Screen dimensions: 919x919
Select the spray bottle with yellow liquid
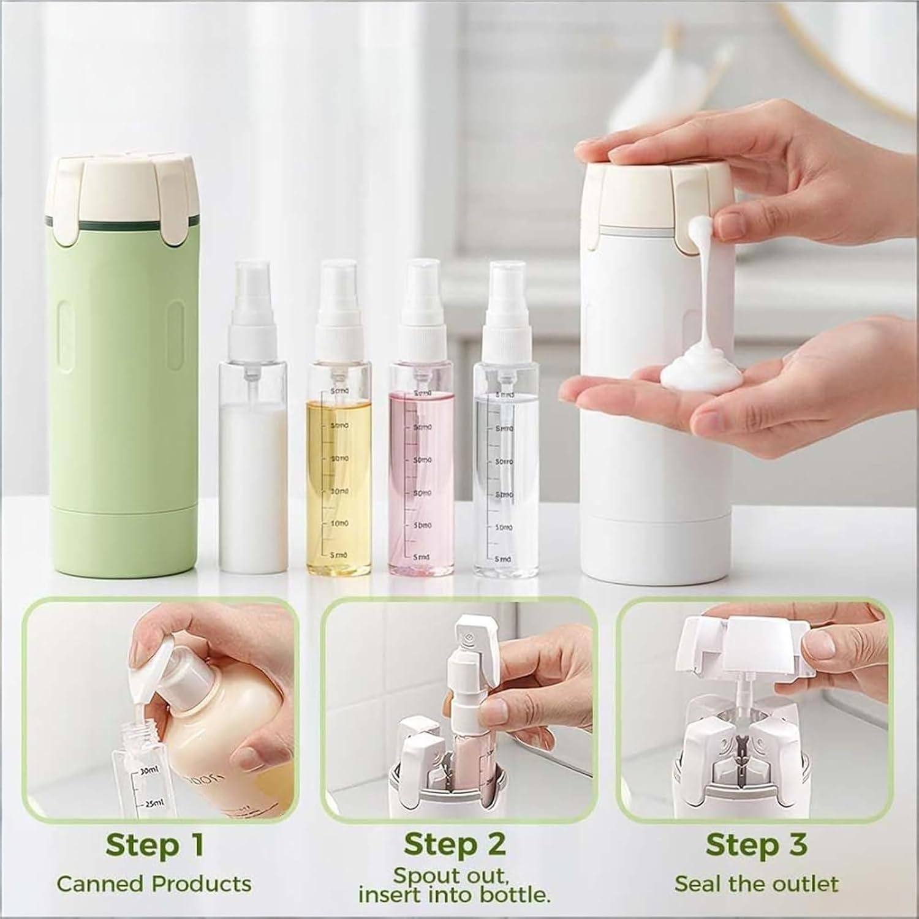[x=338, y=478]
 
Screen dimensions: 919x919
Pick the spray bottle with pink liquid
[x=422, y=478]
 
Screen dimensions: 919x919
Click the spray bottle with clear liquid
[x=506, y=478]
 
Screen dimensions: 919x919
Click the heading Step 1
[x=154, y=845]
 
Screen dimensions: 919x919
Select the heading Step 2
[x=455, y=844]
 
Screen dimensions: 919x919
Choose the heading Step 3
[x=756, y=845]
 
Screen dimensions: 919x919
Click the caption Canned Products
[x=154, y=884]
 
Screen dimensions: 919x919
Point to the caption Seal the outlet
[x=756, y=884]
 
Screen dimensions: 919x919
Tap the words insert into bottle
[x=454, y=895]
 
